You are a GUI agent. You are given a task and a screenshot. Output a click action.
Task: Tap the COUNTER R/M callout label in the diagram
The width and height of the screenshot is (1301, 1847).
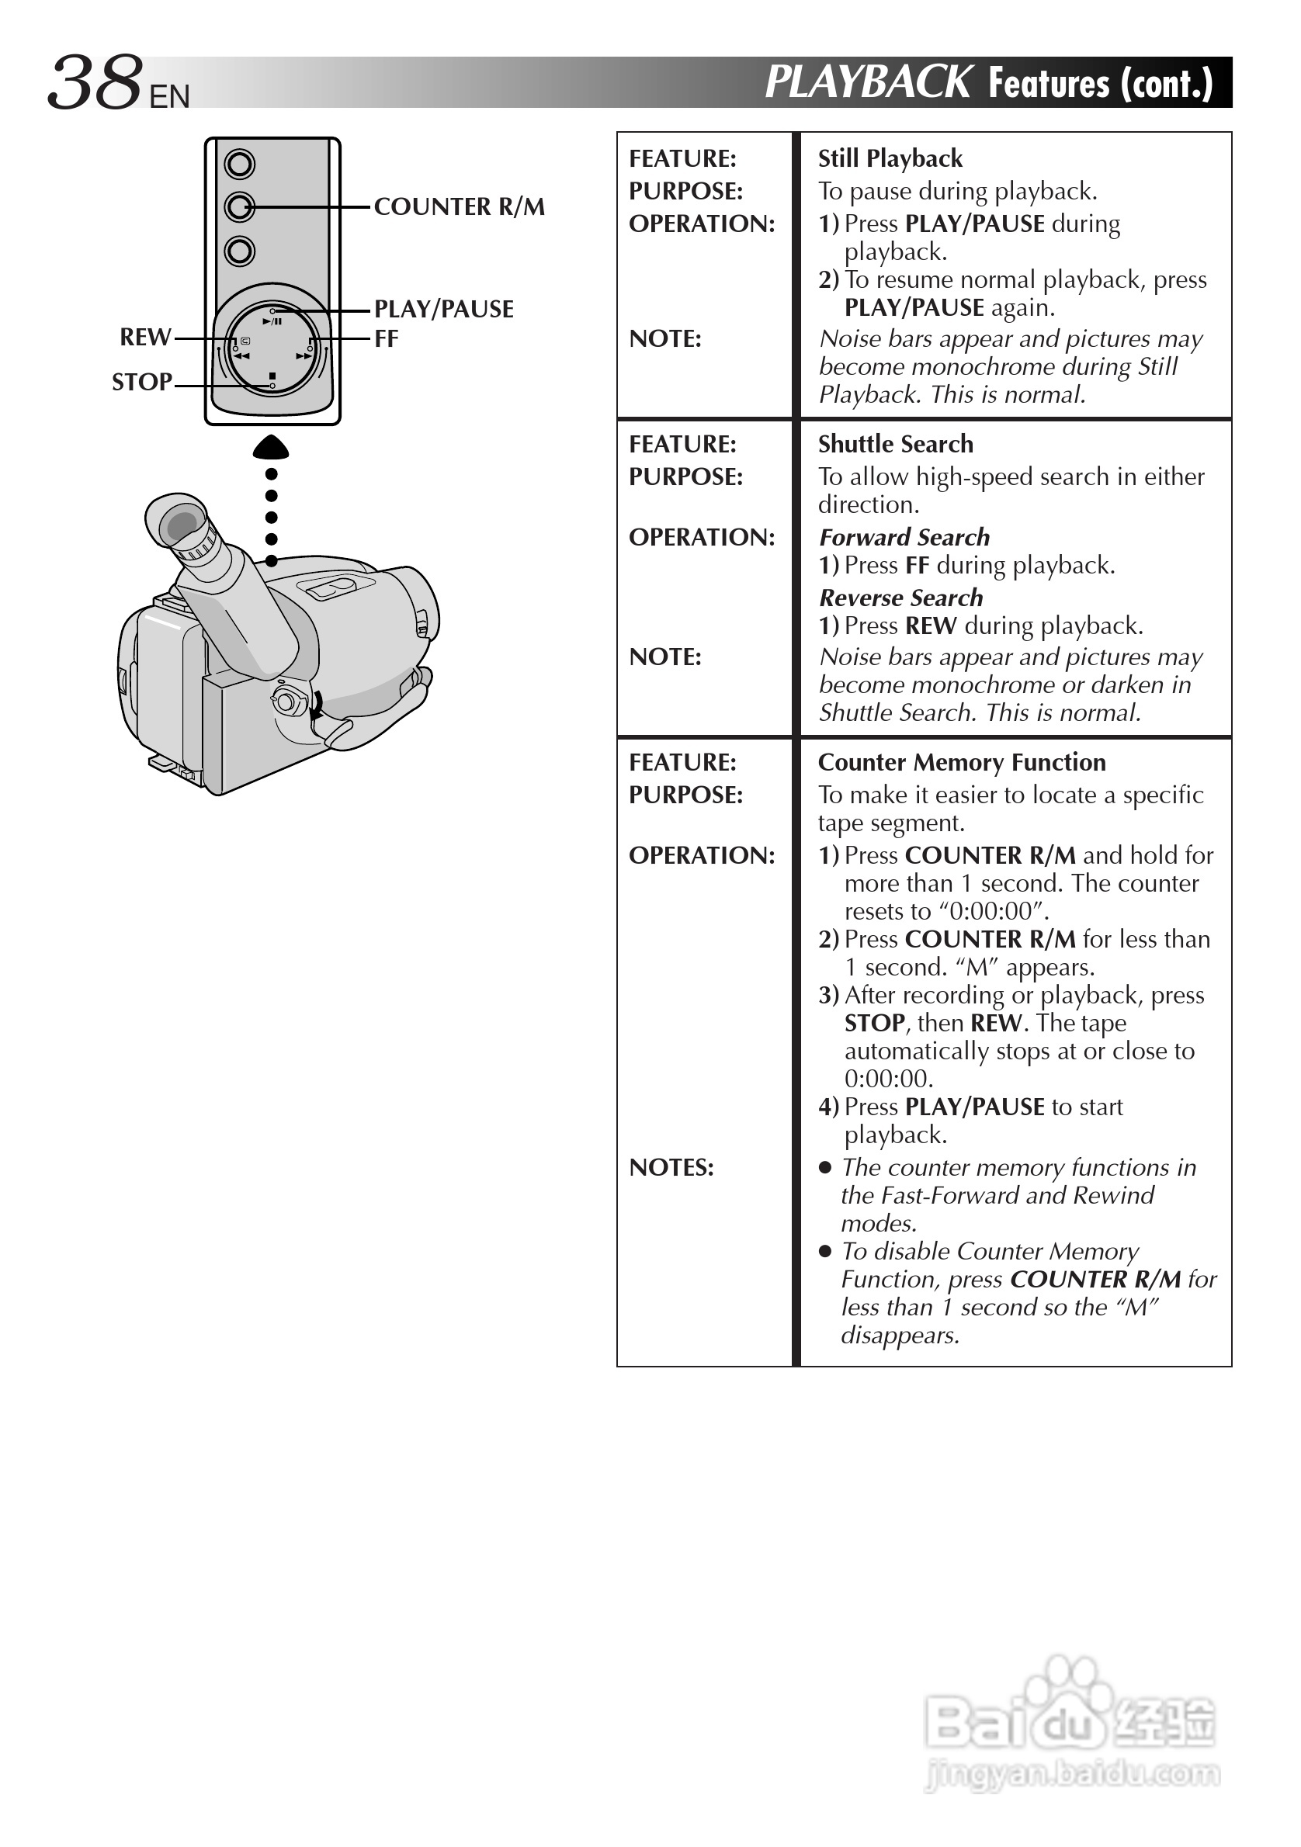pyautogui.click(x=459, y=206)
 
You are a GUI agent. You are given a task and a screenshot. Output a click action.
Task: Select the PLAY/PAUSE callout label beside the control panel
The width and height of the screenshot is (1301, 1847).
pyautogui.click(x=443, y=309)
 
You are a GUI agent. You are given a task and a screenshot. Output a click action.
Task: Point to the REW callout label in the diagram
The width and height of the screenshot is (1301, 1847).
pyautogui.click(x=146, y=337)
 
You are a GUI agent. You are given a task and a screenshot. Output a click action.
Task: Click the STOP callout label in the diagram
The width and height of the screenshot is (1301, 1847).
pyautogui.click(x=141, y=382)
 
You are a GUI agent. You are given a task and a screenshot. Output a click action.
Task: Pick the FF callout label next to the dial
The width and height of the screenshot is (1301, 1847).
pyautogui.click(x=387, y=338)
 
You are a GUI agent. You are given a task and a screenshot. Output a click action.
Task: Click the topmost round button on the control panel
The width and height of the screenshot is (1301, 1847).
pyautogui.click(x=240, y=165)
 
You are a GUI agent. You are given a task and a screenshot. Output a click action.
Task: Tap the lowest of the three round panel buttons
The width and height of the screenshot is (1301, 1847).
pyautogui.click(x=240, y=251)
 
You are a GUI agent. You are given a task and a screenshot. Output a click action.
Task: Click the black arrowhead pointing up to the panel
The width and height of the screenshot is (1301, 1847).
pyautogui.click(x=271, y=446)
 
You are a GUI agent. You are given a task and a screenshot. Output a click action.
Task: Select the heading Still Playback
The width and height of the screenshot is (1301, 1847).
pyautogui.click(x=890, y=158)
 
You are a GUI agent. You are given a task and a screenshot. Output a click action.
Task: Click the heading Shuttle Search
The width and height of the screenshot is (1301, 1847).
pyautogui.click(x=896, y=444)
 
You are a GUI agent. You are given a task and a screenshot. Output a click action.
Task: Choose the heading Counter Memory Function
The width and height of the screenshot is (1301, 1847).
pyautogui.click(x=962, y=762)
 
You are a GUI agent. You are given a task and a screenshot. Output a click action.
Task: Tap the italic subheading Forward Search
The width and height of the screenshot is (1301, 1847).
pyautogui.click(x=904, y=537)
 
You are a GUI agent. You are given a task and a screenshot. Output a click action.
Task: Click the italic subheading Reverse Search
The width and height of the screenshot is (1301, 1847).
pyautogui.click(x=901, y=598)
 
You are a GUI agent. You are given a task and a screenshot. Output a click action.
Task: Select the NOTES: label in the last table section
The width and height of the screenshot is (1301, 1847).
pyautogui.click(x=671, y=1167)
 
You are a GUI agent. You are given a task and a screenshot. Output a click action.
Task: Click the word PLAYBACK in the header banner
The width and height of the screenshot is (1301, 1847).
pyautogui.click(x=868, y=82)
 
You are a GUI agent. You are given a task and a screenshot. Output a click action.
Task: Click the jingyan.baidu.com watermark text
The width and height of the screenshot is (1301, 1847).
pyautogui.click(x=1073, y=1774)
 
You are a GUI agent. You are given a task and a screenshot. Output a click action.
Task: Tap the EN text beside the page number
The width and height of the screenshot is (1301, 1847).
pyautogui.click(x=169, y=97)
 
